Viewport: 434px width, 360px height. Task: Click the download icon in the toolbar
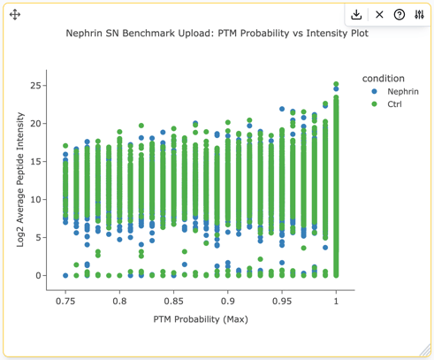(356, 14)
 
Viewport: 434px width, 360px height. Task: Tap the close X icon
(379, 14)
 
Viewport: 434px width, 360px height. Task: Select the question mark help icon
(400, 14)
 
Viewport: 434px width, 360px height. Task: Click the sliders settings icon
(419, 14)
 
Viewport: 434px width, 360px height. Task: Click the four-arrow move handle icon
(15, 14)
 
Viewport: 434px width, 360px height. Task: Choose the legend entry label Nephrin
(403, 91)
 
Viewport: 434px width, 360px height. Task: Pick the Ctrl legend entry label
(394, 104)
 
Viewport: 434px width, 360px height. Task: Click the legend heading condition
(384, 79)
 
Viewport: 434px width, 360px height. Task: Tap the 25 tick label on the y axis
(35, 86)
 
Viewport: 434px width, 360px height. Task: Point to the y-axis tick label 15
(35, 162)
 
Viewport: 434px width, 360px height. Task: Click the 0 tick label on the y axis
(38, 276)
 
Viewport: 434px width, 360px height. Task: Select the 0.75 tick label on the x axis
(65, 302)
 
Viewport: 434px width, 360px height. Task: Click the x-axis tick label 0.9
(228, 302)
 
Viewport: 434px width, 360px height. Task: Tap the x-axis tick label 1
(336, 302)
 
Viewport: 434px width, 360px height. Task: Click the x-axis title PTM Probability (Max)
(201, 319)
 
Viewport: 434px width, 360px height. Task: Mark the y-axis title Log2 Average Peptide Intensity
(20, 180)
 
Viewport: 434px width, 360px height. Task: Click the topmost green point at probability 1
(336, 84)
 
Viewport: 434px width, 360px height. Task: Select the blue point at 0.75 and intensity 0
(65, 276)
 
